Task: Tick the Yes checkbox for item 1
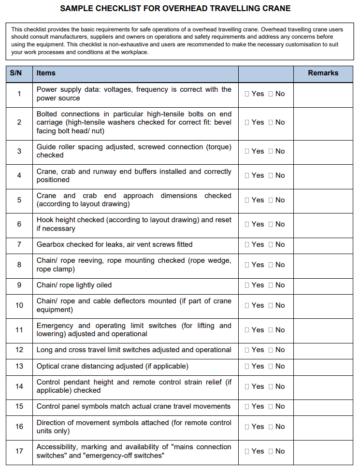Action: (247, 94)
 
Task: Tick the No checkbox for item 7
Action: (271, 244)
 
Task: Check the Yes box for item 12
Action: (247, 350)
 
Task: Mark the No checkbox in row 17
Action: (271, 451)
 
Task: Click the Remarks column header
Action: (323, 73)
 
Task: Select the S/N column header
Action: (16, 73)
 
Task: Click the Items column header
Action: (46, 73)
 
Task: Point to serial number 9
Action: (19, 285)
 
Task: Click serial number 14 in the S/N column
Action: (19, 386)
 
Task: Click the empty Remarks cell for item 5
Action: (323, 200)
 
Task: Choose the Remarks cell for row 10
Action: (323, 305)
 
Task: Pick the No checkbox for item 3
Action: (271, 151)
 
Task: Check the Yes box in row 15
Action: (247, 406)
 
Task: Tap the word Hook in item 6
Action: (44, 220)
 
